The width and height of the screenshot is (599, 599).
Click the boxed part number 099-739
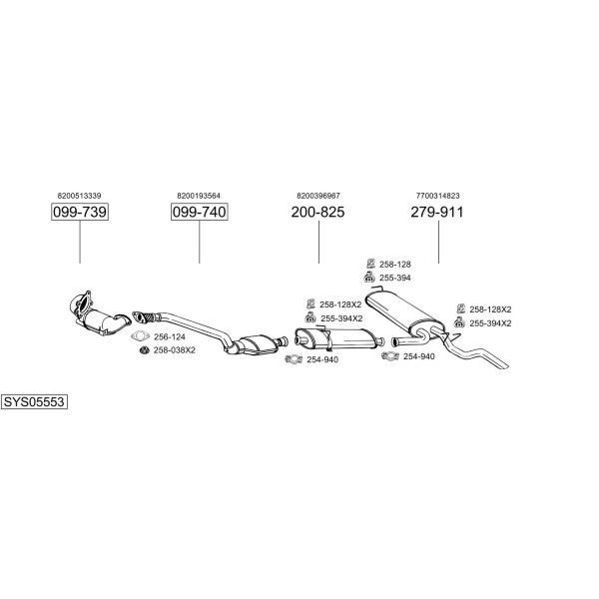[80, 212]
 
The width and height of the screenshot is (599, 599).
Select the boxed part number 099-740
[200, 212]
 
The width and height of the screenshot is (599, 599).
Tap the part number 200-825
[317, 212]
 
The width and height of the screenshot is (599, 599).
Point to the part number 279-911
[437, 212]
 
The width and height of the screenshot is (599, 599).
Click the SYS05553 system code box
[34, 402]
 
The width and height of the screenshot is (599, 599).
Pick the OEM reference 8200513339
[80, 196]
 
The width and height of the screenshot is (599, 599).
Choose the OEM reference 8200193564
[199, 196]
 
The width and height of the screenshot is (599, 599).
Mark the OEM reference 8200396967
[318, 196]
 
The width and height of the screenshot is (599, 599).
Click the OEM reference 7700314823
[438, 196]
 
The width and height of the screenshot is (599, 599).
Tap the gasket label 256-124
[170, 337]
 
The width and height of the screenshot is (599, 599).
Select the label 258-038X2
[174, 350]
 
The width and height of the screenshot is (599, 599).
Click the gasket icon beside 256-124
[140, 336]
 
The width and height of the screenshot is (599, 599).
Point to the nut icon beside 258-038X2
[144, 350]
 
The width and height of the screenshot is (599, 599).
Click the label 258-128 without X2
[395, 264]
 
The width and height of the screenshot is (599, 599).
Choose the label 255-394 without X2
[395, 278]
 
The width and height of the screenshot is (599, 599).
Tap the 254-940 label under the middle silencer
[322, 359]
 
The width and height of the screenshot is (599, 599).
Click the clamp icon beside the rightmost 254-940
[390, 356]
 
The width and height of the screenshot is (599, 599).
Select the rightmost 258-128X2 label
[490, 309]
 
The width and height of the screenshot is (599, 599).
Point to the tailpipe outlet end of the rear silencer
[505, 365]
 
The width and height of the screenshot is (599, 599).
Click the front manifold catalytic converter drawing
[99, 315]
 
